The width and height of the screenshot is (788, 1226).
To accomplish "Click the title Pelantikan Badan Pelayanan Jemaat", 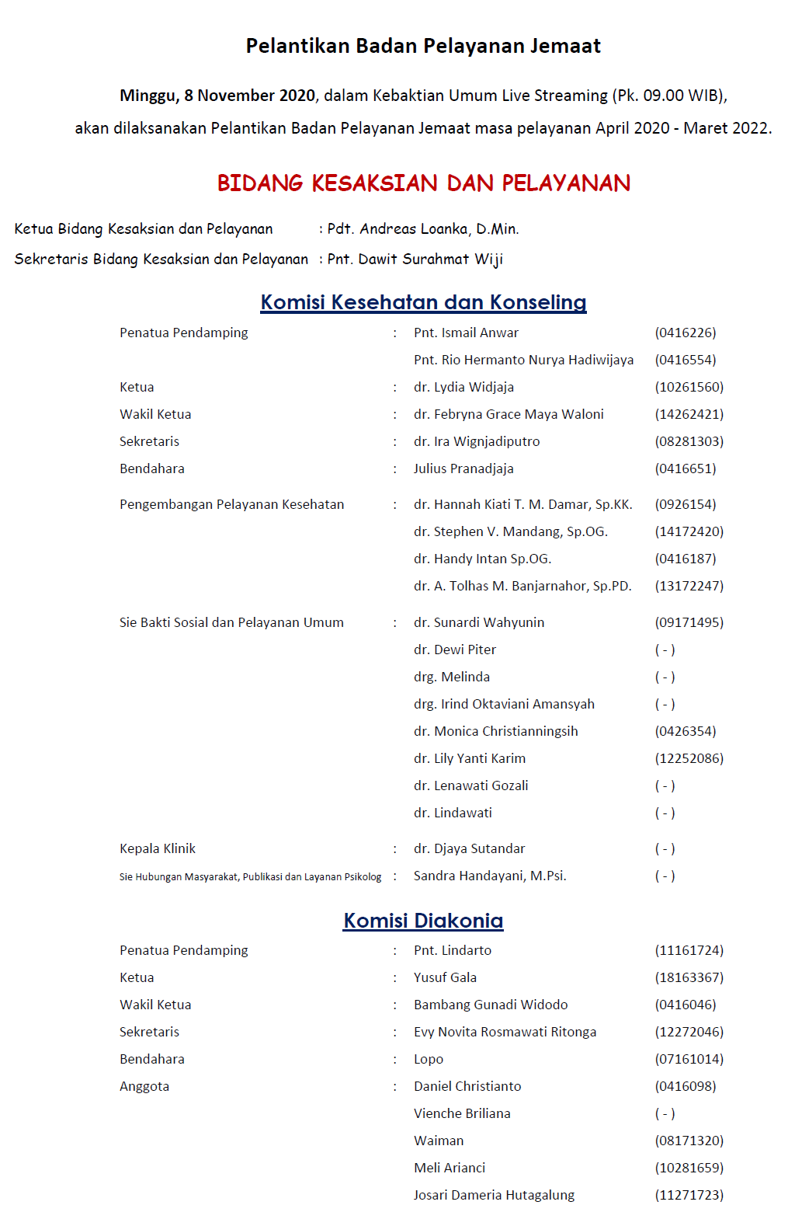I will click(x=423, y=46).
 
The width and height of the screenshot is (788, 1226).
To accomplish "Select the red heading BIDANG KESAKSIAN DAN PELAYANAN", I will click(x=423, y=183).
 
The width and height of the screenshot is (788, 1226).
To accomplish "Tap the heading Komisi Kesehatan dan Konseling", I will click(x=423, y=302).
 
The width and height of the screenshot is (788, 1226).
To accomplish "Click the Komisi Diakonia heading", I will click(x=423, y=921).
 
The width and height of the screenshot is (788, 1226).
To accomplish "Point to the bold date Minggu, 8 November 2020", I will click(x=217, y=96).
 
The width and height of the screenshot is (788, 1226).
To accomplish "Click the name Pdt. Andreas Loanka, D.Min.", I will click(x=423, y=229).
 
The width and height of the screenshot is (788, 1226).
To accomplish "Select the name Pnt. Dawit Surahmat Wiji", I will click(x=415, y=259).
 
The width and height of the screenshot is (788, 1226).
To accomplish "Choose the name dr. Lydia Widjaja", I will click(x=463, y=387).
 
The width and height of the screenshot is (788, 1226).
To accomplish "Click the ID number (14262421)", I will click(x=689, y=414).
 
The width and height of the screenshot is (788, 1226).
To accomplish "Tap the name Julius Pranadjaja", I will click(x=463, y=468).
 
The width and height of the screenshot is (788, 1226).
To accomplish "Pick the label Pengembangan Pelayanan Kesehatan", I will click(x=231, y=504).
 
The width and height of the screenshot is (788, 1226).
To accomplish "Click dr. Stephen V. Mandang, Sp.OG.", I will click(x=510, y=531).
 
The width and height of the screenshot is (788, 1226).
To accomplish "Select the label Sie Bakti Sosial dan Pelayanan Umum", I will click(x=231, y=622).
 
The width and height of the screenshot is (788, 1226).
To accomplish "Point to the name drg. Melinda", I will click(x=451, y=677).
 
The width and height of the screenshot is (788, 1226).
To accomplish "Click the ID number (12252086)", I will click(x=689, y=758).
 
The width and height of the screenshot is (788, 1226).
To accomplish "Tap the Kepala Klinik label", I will click(x=158, y=848).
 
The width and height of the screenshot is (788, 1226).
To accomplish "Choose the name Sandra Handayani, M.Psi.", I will click(x=490, y=876).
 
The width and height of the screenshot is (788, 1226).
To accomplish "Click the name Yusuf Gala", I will click(x=445, y=977).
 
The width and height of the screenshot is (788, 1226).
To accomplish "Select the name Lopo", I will click(x=429, y=1059).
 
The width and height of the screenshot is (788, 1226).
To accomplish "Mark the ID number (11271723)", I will click(x=689, y=1195).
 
